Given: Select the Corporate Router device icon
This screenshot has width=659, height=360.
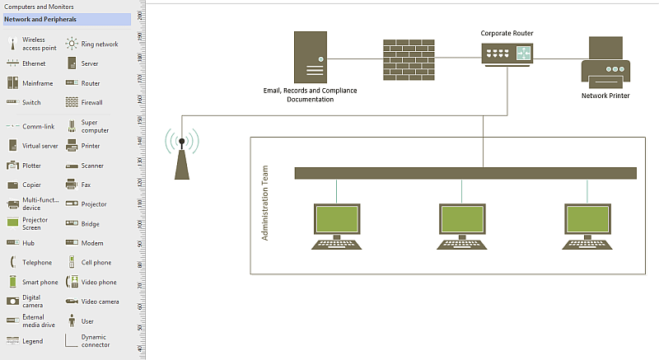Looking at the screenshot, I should coord(507,54).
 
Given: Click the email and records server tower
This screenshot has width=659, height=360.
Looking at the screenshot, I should coord(310,56).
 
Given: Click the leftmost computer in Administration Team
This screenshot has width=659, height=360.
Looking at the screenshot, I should coord(336,225).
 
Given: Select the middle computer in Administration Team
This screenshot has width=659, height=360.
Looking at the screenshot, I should coord(461,225).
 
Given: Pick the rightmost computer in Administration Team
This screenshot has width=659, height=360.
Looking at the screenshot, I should coord(587,225).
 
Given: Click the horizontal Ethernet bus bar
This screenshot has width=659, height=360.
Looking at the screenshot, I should coord(465,173).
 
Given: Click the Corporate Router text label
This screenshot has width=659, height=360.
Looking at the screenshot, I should coord(507,33).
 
